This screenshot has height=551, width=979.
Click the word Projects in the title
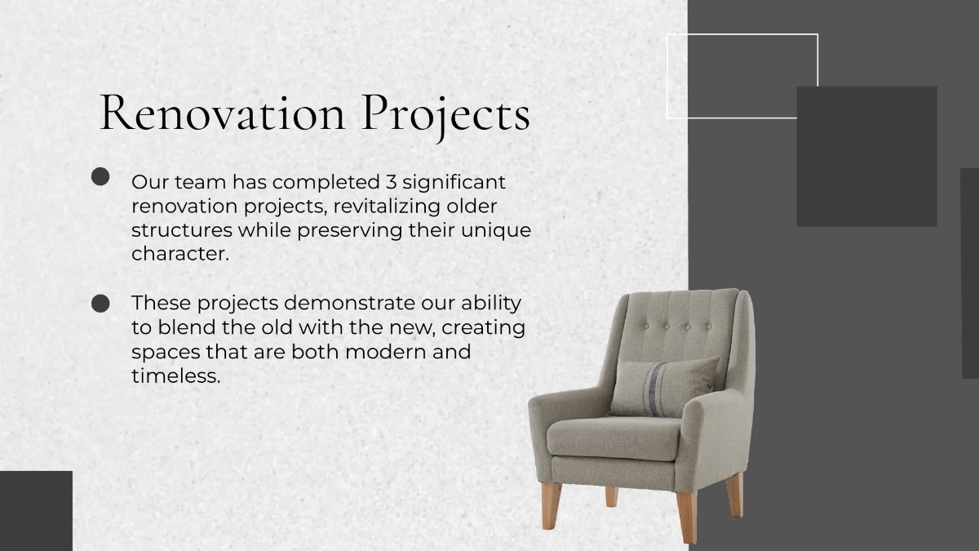pyautogui.click(x=445, y=114)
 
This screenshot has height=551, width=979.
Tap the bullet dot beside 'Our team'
pyautogui.click(x=100, y=177)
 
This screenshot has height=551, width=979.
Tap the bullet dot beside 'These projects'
pyautogui.click(x=100, y=304)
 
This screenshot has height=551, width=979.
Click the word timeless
pyautogui.click(x=175, y=376)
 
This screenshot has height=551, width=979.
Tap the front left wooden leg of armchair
pyautogui.click(x=552, y=504)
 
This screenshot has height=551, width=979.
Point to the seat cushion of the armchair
pyautogui.click(x=614, y=439)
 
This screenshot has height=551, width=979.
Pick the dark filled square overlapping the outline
pyautogui.click(x=866, y=156)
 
